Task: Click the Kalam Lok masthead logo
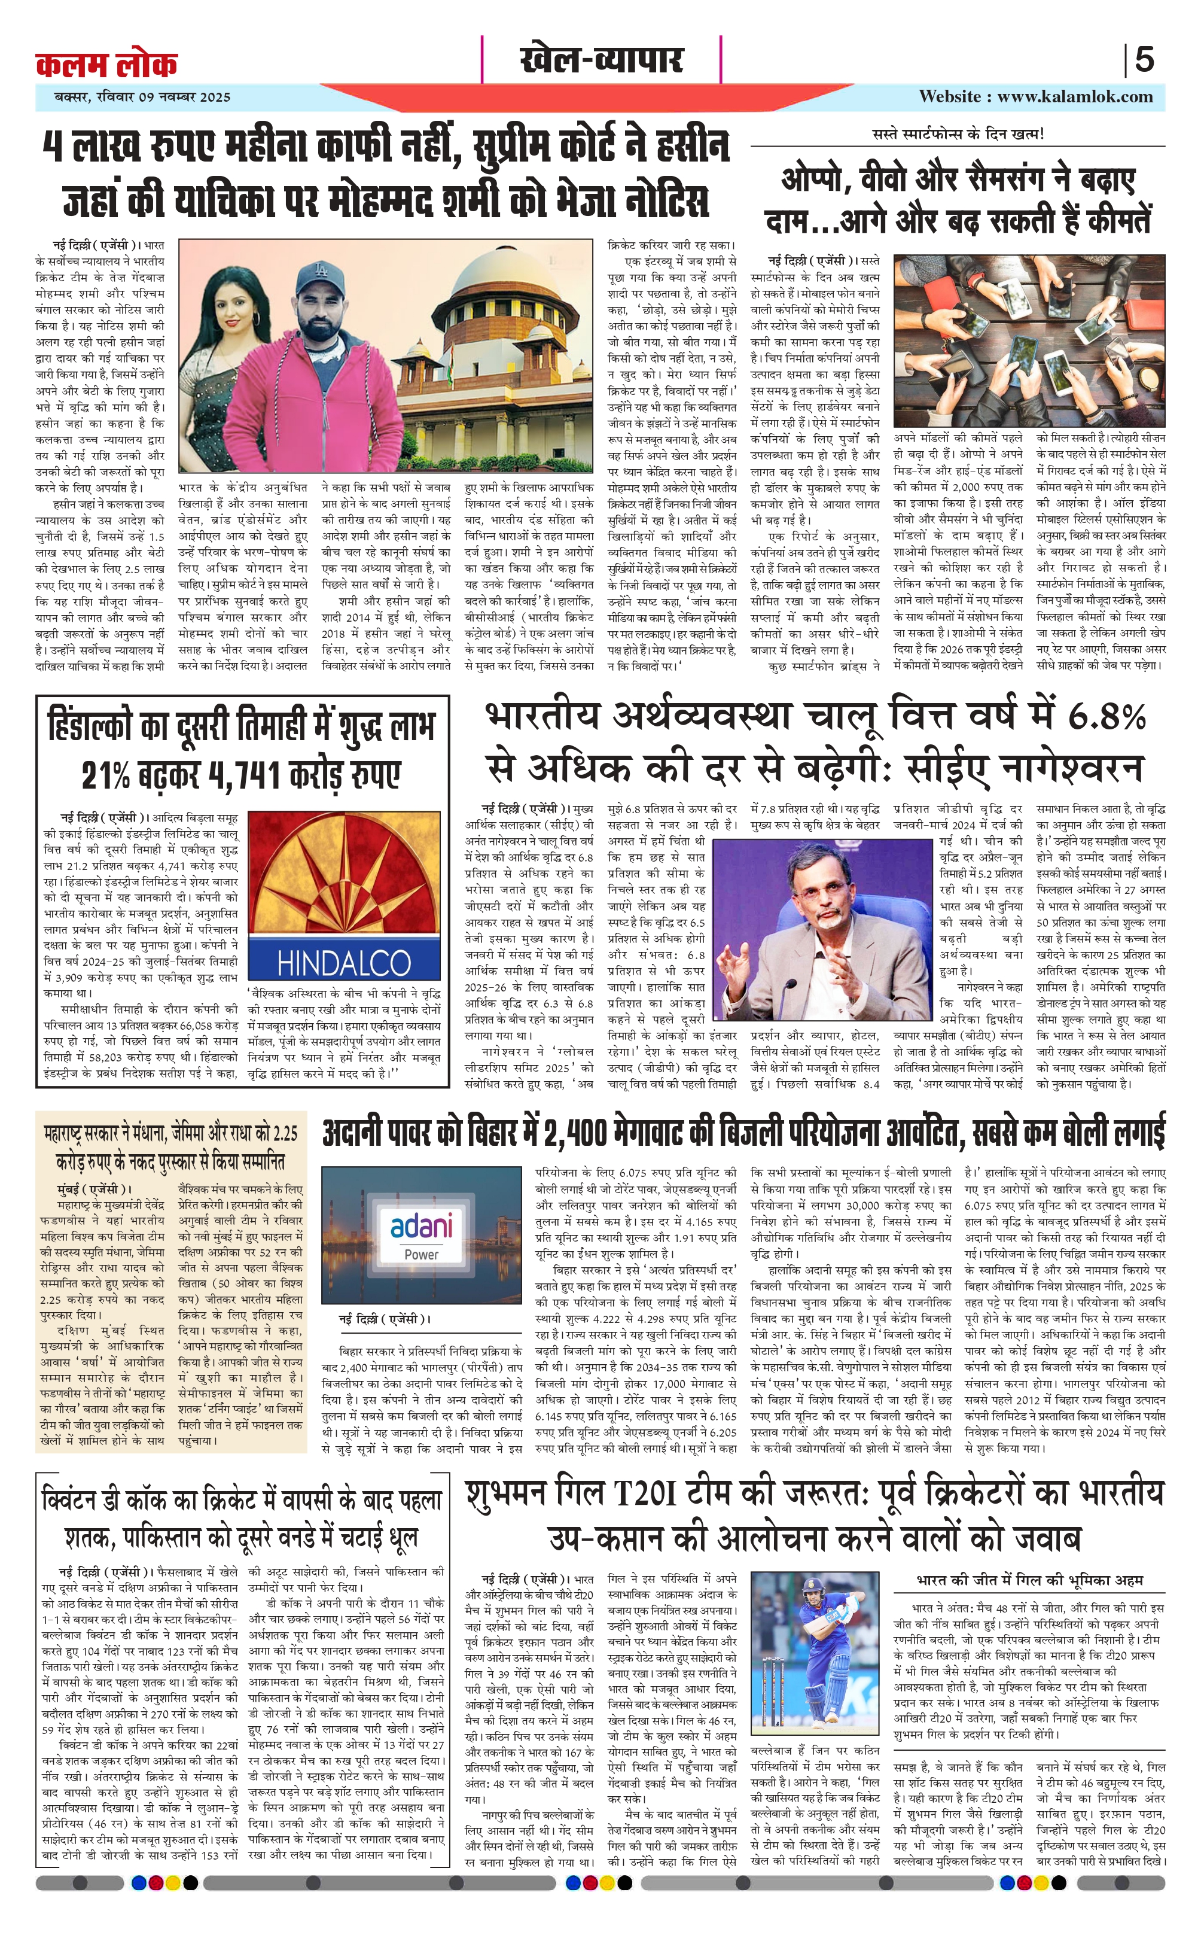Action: tap(106, 63)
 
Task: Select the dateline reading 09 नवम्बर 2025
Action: tap(184, 98)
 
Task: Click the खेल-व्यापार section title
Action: tap(600, 60)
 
